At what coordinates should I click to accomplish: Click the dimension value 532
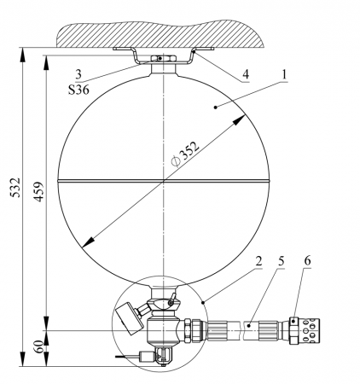click(16, 188)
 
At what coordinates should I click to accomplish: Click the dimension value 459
click(39, 192)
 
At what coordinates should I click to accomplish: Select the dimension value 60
click(39, 346)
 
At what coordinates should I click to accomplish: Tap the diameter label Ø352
click(185, 154)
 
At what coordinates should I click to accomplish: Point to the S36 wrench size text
click(78, 90)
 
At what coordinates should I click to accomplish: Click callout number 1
click(284, 74)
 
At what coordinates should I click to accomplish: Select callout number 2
click(258, 261)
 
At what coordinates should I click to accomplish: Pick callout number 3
click(78, 74)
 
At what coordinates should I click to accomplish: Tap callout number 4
click(246, 74)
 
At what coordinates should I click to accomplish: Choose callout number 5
click(282, 261)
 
